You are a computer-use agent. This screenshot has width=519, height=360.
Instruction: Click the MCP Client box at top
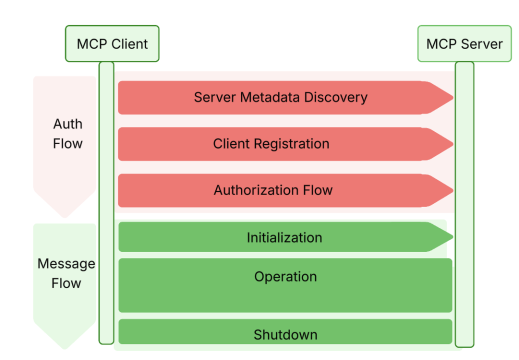(112, 44)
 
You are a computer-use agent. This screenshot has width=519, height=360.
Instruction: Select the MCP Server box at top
(463, 44)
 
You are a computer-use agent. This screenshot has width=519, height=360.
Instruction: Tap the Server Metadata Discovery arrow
(281, 98)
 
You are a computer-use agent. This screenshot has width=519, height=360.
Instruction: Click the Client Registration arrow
(281, 144)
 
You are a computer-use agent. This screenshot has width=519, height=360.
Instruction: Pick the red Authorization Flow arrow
(281, 190)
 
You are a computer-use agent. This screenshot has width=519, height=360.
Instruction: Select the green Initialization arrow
(281, 238)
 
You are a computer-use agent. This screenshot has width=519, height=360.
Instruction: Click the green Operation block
(285, 284)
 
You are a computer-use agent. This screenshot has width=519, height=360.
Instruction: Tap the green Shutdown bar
(285, 332)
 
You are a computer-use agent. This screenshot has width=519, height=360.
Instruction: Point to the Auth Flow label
(68, 133)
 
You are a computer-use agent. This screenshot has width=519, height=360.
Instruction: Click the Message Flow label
(66, 273)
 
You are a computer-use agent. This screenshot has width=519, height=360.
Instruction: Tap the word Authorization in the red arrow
(256, 190)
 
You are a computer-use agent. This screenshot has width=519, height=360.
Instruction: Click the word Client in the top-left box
(131, 44)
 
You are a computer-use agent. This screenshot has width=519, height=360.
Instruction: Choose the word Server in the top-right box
(481, 44)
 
